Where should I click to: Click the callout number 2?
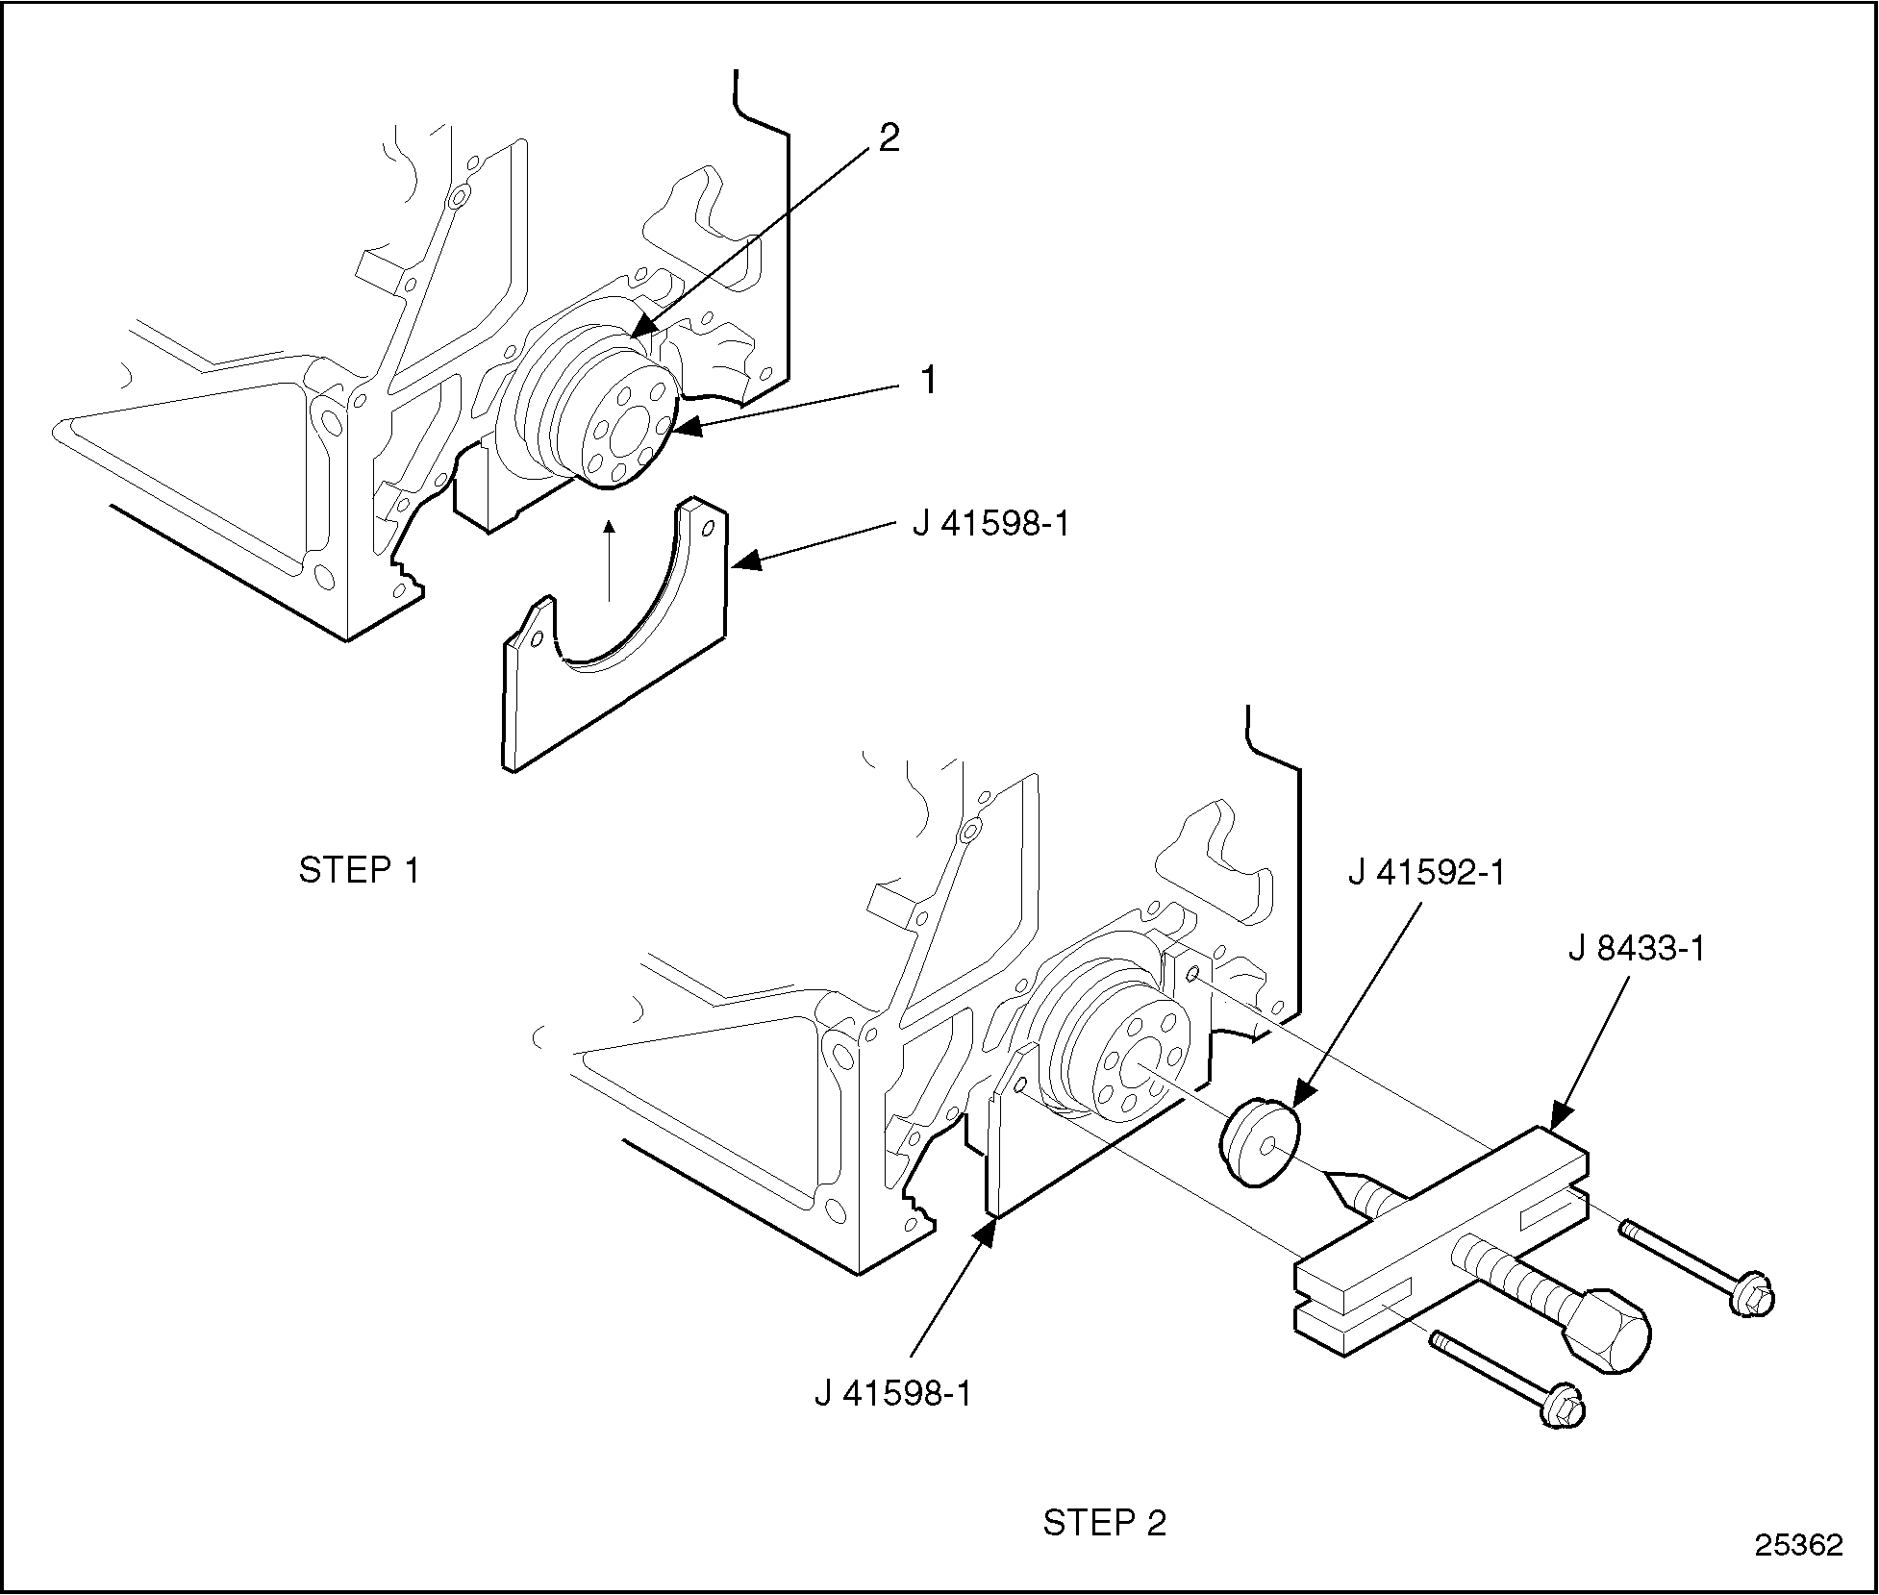(889, 139)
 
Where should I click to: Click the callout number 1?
(928, 382)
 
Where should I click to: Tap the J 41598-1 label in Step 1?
(990, 526)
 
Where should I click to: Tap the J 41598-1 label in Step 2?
(893, 1394)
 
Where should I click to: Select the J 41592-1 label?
(1427, 873)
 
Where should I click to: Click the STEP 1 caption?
(360, 871)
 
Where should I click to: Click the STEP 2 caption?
(1104, 1523)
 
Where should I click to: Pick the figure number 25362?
(1799, 1545)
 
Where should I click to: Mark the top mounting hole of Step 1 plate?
(710, 528)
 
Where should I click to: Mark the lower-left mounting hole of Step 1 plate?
(538, 638)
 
